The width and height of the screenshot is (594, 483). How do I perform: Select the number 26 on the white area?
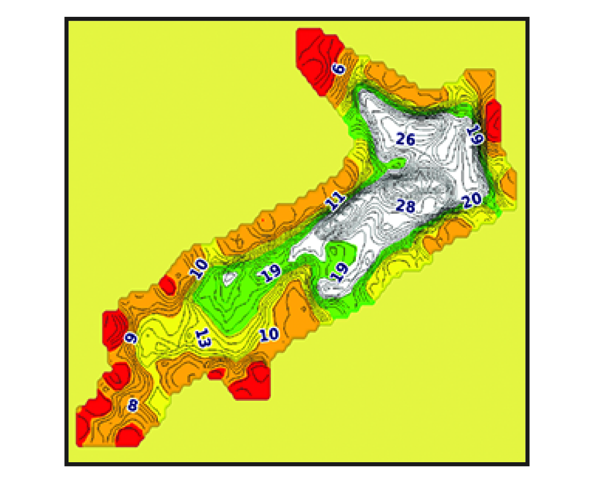[x=405, y=140]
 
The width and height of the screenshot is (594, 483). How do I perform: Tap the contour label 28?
[x=405, y=206]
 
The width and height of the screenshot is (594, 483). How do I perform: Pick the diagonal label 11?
[x=335, y=202]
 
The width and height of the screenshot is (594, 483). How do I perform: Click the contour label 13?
[x=202, y=339]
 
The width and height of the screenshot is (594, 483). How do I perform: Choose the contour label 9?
[x=130, y=338]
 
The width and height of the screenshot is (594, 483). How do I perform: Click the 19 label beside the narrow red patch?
[x=475, y=134]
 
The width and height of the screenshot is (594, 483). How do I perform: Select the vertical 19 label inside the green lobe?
[x=341, y=272]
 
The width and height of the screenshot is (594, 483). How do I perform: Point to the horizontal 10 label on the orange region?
[x=270, y=334]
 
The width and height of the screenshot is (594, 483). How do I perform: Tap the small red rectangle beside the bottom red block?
[x=214, y=374]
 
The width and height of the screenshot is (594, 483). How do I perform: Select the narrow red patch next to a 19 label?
[x=493, y=119]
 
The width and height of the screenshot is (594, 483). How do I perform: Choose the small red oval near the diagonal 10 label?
[x=168, y=286]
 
